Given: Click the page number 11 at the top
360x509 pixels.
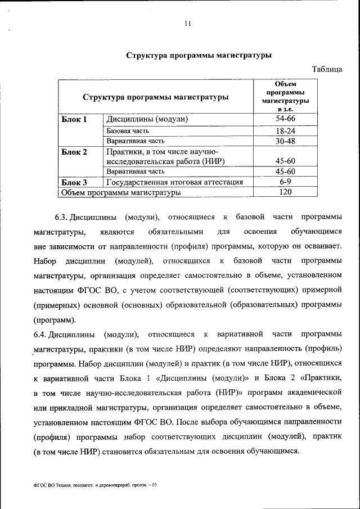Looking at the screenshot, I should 188,24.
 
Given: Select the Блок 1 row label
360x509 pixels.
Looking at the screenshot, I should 74,119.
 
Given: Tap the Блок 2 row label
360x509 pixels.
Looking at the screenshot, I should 74,152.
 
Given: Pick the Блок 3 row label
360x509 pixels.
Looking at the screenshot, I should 74,182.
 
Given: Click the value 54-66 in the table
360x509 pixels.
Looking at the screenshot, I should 285,119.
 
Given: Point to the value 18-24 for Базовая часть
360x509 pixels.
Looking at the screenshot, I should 285,130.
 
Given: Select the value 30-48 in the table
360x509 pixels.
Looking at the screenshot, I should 285,141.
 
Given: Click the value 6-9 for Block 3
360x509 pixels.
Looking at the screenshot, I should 285,182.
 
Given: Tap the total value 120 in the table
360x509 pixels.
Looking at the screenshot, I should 285,192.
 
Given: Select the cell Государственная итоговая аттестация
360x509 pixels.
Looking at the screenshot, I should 174,182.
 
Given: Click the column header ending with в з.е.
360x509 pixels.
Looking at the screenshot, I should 285,96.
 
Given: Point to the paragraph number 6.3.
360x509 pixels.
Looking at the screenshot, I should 61,217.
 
